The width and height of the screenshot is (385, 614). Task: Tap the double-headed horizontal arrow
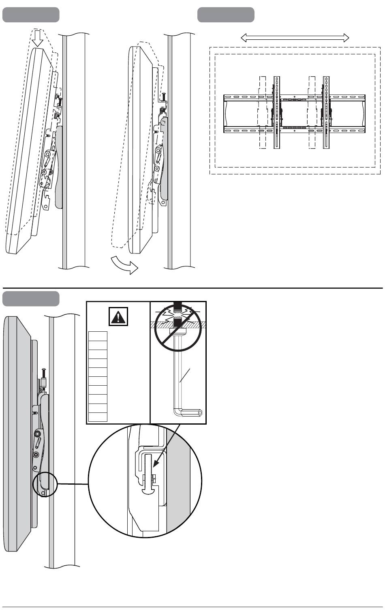click(x=295, y=38)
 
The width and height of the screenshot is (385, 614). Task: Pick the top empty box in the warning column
click(x=98, y=336)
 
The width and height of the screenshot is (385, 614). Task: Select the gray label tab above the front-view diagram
click(x=226, y=15)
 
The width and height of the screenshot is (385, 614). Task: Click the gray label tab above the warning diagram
click(x=31, y=298)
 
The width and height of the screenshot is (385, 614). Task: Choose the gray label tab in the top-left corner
click(x=31, y=15)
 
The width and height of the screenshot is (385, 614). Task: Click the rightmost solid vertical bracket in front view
click(x=326, y=112)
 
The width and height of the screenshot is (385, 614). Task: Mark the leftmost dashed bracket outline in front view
click(x=262, y=112)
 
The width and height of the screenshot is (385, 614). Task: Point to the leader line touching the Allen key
click(x=185, y=376)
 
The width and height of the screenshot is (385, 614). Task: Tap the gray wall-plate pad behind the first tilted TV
click(x=59, y=166)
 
